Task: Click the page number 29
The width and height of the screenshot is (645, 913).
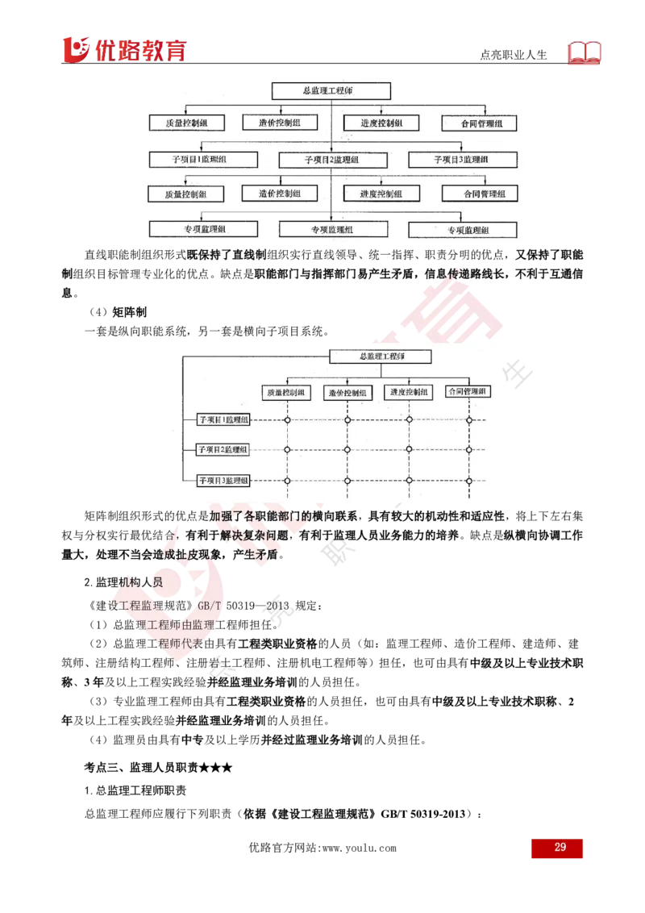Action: (x=559, y=848)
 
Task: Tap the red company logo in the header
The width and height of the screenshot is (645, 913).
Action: (x=124, y=49)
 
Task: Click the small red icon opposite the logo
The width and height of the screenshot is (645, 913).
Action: (x=586, y=52)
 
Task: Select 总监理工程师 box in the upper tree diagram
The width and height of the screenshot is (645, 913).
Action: (x=331, y=91)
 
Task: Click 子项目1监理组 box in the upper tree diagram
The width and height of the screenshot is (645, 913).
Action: (x=198, y=160)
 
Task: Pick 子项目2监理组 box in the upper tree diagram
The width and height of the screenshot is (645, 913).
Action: (x=331, y=160)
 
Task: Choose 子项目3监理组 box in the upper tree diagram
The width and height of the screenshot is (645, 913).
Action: (x=462, y=160)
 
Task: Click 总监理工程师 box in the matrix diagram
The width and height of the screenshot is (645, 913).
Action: (x=380, y=356)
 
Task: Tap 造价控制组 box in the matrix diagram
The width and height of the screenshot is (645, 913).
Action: (x=347, y=393)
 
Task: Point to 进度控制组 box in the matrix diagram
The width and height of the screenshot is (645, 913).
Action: (x=409, y=392)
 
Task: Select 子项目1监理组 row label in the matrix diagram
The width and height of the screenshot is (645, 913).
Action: (x=224, y=419)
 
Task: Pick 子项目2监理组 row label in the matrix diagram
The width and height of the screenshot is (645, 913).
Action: (x=224, y=449)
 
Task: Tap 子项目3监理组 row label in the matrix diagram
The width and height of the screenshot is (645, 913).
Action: (x=224, y=481)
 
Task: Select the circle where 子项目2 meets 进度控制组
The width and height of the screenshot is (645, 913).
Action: (x=409, y=449)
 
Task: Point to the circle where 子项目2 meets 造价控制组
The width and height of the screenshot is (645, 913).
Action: (x=347, y=449)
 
